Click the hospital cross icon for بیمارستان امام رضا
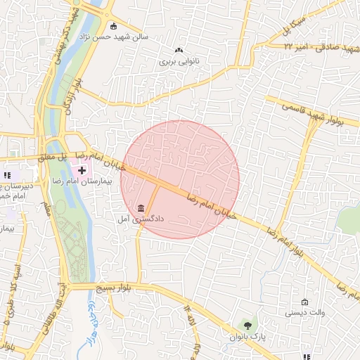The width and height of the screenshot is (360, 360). coord(82,169)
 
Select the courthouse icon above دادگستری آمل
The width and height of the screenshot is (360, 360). coord(141,209)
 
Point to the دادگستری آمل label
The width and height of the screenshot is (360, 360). coord(141,219)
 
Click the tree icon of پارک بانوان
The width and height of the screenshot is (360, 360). coord(247,325)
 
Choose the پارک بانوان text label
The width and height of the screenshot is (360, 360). coord(246,337)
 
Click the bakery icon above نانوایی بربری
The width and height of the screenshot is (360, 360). coord(179,50)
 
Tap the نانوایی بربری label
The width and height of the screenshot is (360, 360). coord(179,61)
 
